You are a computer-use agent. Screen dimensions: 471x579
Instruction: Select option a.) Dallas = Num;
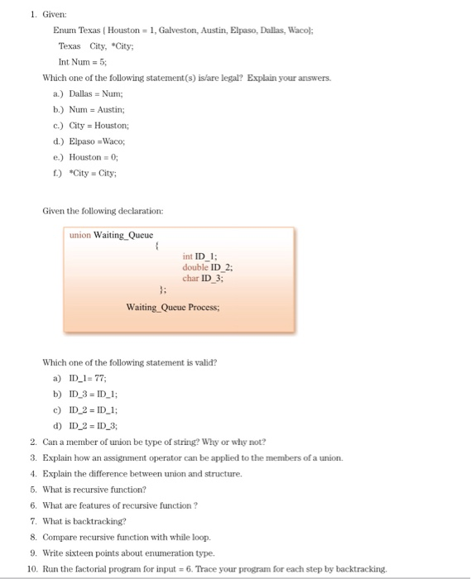pyautogui.click(x=87, y=93)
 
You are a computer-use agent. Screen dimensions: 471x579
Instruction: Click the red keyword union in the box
pyautogui.click(x=80, y=235)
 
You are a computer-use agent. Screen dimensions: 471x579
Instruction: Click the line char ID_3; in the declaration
pyautogui.click(x=203, y=278)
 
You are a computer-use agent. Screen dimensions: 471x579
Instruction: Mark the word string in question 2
pyautogui.click(x=204, y=441)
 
